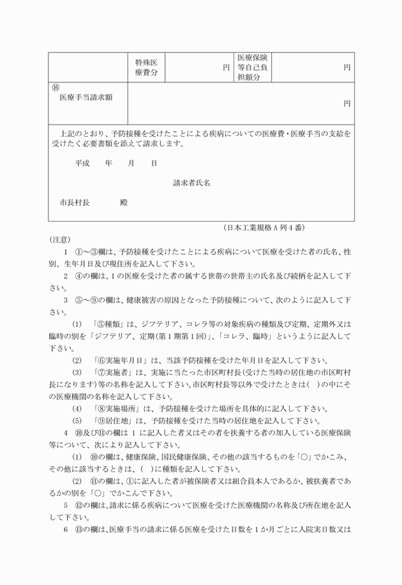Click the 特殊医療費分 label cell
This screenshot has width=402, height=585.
[146, 67]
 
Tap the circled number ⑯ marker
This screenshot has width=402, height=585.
[56, 87]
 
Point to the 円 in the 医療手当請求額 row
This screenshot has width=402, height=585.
[347, 103]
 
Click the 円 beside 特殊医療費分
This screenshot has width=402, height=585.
[226, 67]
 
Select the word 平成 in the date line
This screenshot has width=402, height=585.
[82, 163]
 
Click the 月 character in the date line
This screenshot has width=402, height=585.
[131, 163]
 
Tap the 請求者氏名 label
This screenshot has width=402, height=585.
[192, 183]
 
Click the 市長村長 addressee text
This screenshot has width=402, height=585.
[74, 202]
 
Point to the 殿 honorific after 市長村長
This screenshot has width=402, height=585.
[124, 202]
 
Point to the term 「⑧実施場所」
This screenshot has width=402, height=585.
[118, 408]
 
